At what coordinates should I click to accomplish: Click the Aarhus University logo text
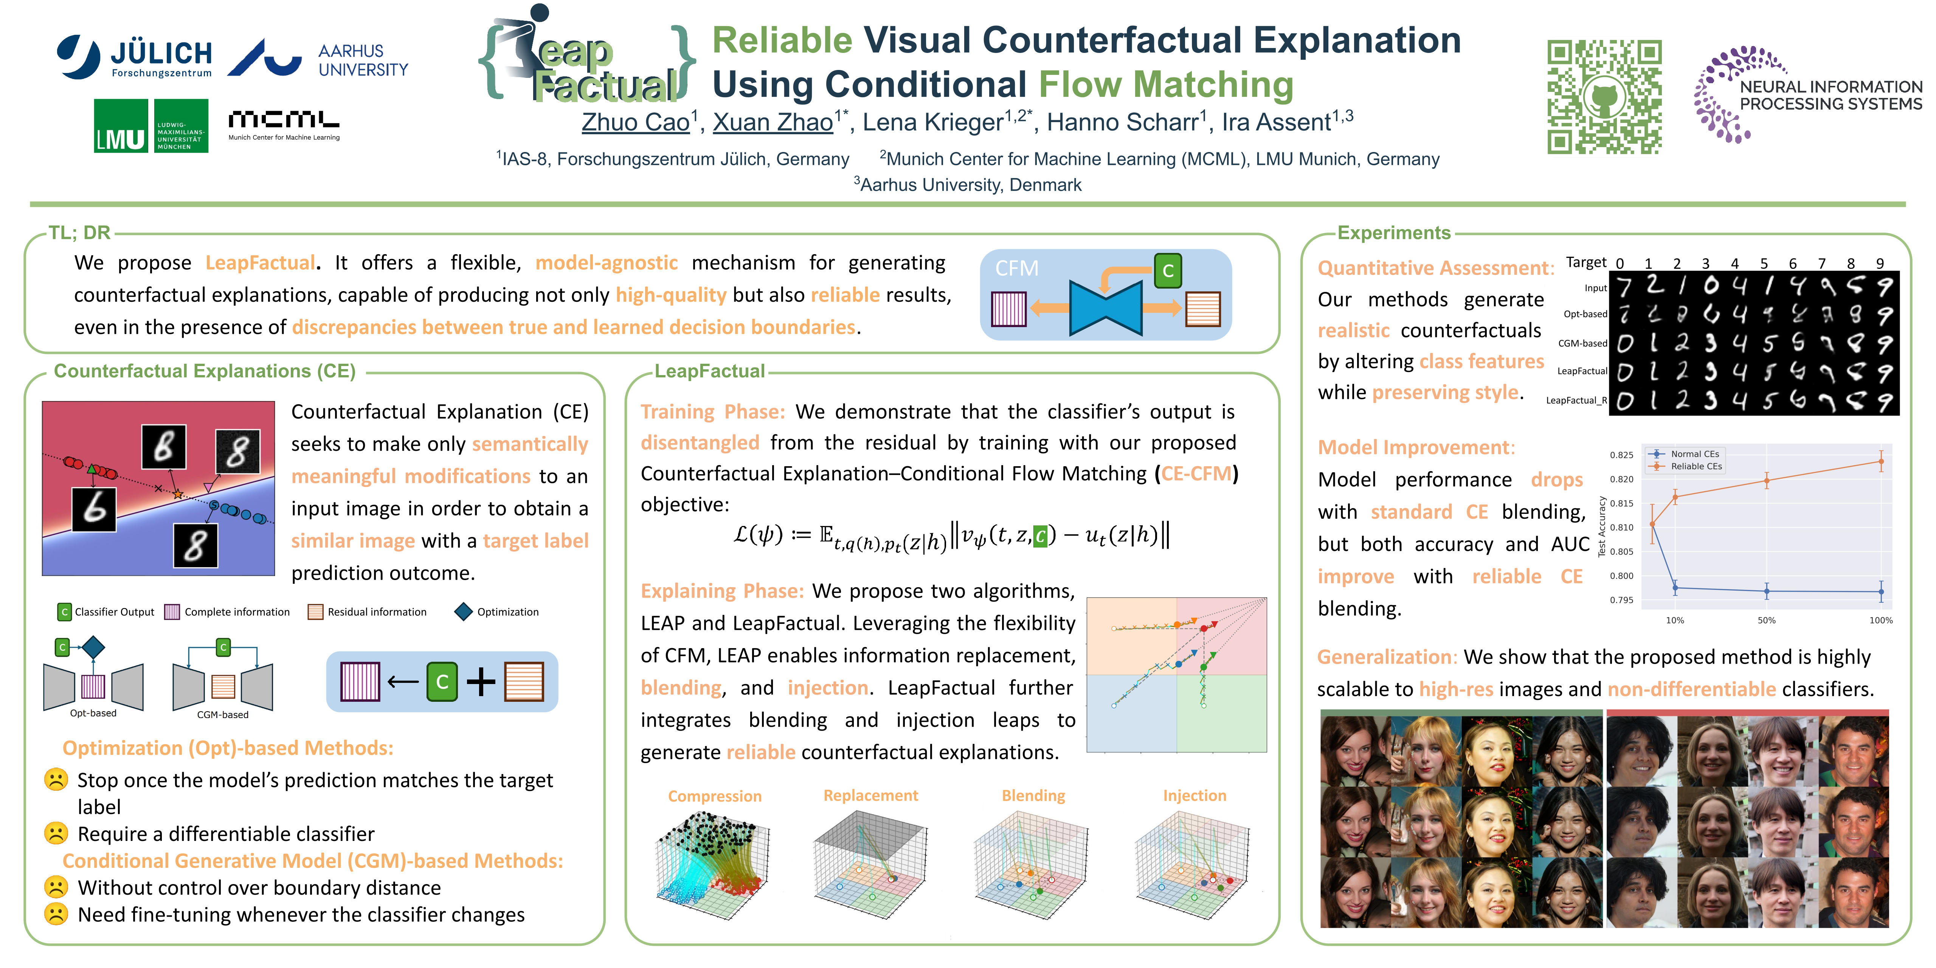pyautogui.click(x=363, y=60)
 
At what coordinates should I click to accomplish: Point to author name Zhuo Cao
pyautogui.click(x=636, y=122)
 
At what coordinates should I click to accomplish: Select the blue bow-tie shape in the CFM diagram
pyautogui.click(x=1106, y=307)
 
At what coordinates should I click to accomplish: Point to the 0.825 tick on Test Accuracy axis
pyautogui.click(x=1621, y=455)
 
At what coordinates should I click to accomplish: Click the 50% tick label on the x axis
pyautogui.click(x=1766, y=620)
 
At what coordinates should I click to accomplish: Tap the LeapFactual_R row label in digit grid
pyautogui.click(x=1576, y=400)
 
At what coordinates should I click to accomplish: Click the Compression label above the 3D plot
pyautogui.click(x=715, y=796)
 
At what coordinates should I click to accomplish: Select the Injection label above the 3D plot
pyautogui.click(x=1194, y=795)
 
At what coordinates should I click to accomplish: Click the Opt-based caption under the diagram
pyautogui.click(x=93, y=713)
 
